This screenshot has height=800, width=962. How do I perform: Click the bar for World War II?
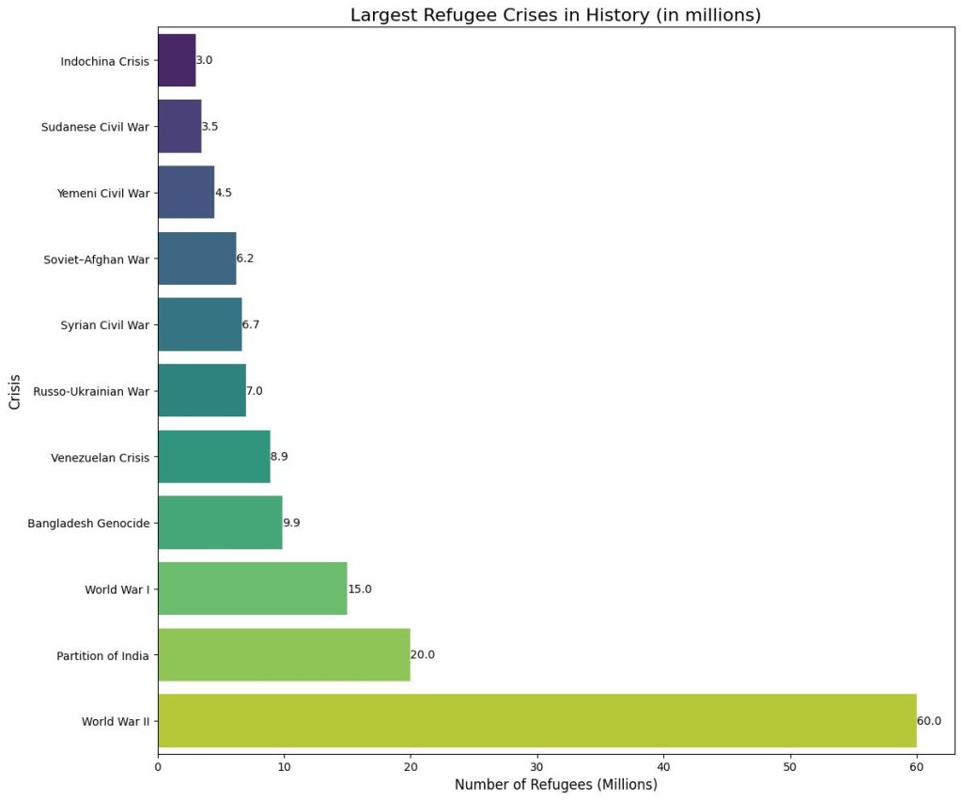pos(536,721)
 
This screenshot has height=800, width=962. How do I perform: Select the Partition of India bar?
pos(284,654)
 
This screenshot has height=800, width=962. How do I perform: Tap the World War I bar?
pos(252,588)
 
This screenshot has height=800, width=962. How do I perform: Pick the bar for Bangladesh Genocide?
pos(220,523)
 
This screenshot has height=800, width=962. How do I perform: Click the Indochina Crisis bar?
pos(177,60)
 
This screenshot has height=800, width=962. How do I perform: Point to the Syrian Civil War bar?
pos(199,324)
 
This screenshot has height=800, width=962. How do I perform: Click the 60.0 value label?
pos(929,721)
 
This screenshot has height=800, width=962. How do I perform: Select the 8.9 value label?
pos(279,456)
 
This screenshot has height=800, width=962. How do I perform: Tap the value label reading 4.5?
pos(224,193)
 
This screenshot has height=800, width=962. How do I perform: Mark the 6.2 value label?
pos(245,259)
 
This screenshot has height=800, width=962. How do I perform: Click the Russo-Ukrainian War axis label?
pos(91,391)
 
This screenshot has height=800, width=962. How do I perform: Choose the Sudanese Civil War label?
pos(96,127)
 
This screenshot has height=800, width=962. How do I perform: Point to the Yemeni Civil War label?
pos(102,193)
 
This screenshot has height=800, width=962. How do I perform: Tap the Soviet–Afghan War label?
pos(97,259)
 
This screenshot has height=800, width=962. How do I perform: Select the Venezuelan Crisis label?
pos(101,457)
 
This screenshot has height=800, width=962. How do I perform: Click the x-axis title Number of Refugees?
pos(555,785)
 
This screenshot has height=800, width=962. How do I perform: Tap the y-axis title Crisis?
pos(15,391)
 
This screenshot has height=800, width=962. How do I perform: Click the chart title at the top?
pos(555,15)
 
